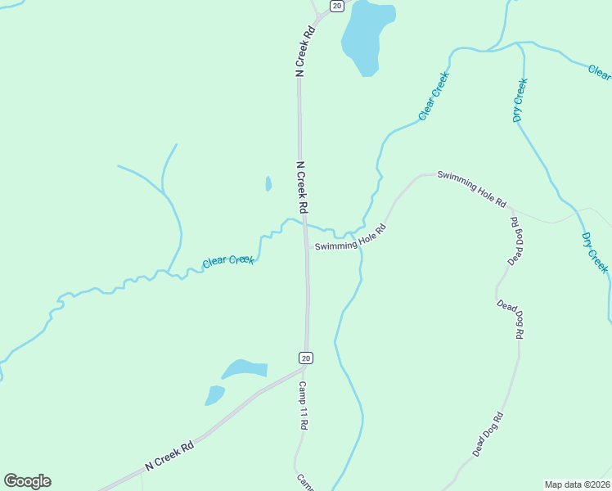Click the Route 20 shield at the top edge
pyautogui.click(x=336, y=6)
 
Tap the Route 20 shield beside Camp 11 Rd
pyautogui.click(x=305, y=358)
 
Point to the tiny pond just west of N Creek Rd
pyautogui.click(x=268, y=184)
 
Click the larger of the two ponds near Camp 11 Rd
pyautogui.click(x=245, y=369)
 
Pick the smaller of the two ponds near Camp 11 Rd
pyautogui.click(x=214, y=395)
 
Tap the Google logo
pyautogui.click(x=27, y=481)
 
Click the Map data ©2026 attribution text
pyautogui.click(x=577, y=484)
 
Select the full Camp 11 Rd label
pyautogui.click(x=303, y=406)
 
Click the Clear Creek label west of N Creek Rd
pyautogui.click(x=228, y=261)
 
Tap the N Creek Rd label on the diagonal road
pyautogui.click(x=169, y=455)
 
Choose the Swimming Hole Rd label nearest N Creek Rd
pyautogui.click(x=349, y=238)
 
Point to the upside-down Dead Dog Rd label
pyautogui.click(x=515, y=241)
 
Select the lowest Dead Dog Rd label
pyautogui.click(x=487, y=435)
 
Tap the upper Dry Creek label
pyautogui.click(x=520, y=100)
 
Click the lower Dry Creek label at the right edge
pyautogui.click(x=595, y=253)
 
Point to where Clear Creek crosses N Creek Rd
pyautogui.click(x=304, y=222)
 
